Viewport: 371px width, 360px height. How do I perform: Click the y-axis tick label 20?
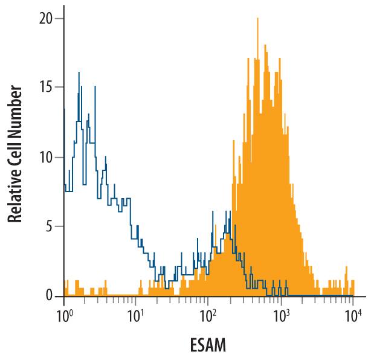(x=47, y=19)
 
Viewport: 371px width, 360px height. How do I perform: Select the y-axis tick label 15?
(x=47, y=88)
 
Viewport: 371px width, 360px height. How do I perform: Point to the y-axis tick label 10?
(x=47, y=157)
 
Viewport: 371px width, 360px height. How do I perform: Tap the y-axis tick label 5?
(x=50, y=227)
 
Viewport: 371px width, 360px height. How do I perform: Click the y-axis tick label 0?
(x=50, y=296)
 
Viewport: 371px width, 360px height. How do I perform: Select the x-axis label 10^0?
(x=64, y=315)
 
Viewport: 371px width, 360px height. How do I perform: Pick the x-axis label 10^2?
(x=208, y=315)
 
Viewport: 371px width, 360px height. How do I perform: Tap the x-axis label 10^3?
(x=280, y=315)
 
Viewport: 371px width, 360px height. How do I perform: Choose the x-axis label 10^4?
(x=353, y=315)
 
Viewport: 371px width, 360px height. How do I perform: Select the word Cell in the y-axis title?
(x=16, y=150)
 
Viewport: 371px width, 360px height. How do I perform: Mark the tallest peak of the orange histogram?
(x=257, y=19)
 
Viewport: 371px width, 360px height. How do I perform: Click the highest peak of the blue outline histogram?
(x=79, y=73)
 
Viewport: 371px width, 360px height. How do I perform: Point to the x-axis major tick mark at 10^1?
(x=136, y=300)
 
